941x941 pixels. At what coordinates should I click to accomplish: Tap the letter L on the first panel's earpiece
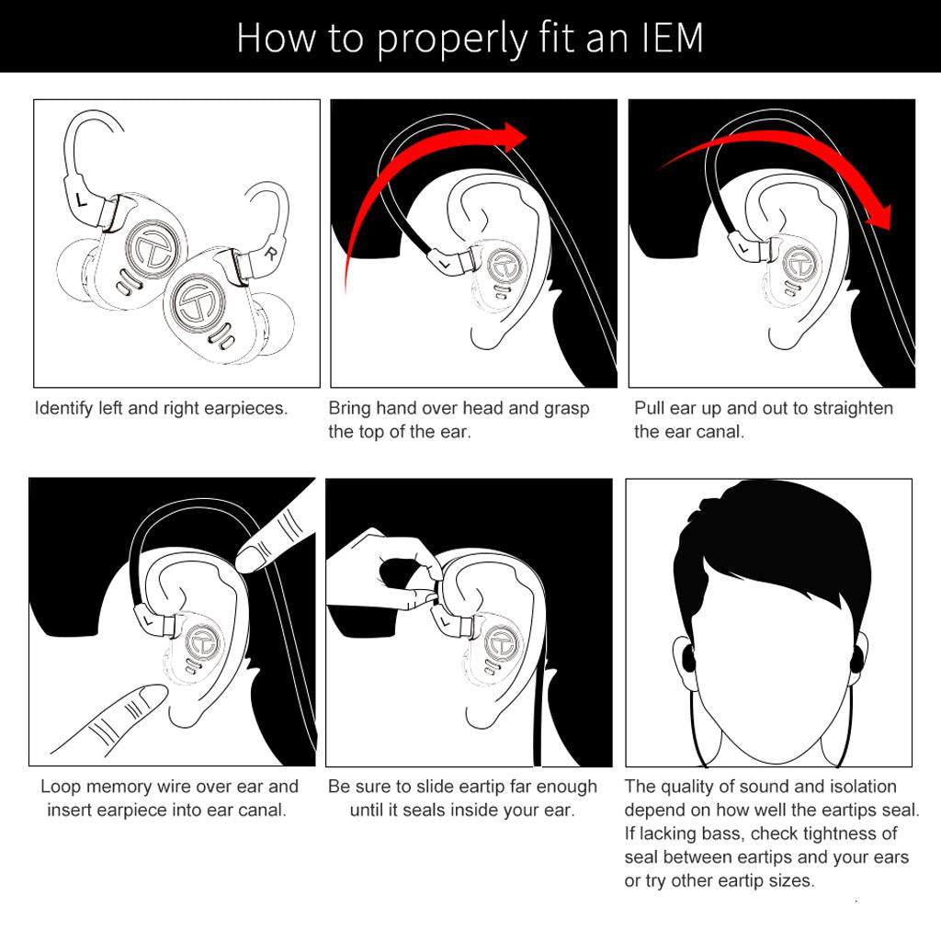(x=82, y=199)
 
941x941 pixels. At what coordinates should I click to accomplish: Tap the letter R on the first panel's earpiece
(x=271, y=254)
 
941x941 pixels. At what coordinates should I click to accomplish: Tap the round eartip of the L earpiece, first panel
(x=75, y=271)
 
